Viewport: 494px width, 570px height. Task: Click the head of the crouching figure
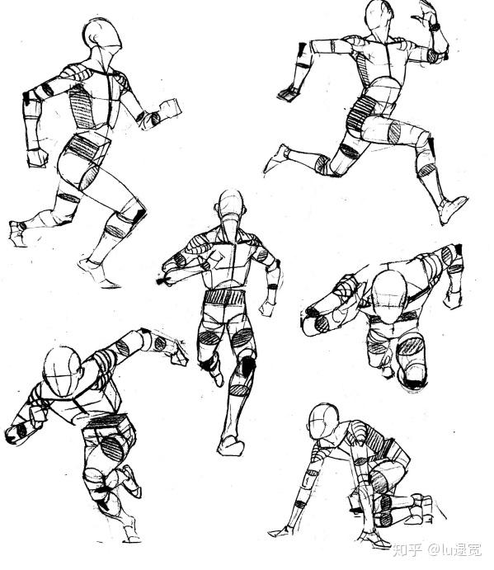323,422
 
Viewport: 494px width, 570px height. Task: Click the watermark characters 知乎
408,550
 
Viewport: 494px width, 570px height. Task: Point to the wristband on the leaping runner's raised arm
435,26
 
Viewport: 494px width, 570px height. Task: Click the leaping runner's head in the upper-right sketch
379,18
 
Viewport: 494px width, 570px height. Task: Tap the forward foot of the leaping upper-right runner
452,210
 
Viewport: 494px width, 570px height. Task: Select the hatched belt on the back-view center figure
224,297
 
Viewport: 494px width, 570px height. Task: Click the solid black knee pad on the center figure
248,366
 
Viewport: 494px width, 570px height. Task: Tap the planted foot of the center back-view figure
230,445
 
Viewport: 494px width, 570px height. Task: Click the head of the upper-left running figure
102,35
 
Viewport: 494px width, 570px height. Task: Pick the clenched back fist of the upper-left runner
37,158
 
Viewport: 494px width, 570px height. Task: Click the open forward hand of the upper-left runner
170,110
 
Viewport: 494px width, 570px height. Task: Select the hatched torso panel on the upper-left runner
82,106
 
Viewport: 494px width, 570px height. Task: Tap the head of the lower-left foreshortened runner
63,371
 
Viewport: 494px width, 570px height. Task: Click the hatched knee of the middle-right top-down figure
411,346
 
